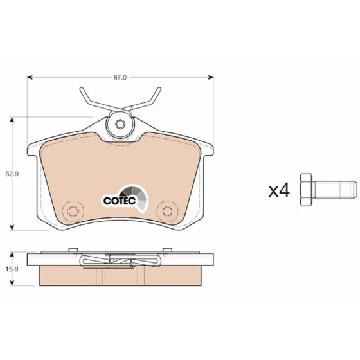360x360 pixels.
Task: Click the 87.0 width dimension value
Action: (x=120, y=78)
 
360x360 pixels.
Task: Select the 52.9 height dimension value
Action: (x=12, y=174)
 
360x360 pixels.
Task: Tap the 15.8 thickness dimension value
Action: (x=12, y=269)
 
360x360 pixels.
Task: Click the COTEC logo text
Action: (x=120, y=201)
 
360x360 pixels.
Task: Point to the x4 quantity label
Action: (x=279, y=190)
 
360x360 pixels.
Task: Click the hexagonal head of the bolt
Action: (x=306, y=190)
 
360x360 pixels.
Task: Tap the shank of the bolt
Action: (x=334, y=190)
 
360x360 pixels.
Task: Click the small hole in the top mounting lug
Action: (x=120, y=124)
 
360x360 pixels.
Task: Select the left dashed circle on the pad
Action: (x=73, y=211)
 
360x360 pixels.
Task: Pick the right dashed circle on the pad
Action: (x=167, y=211)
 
